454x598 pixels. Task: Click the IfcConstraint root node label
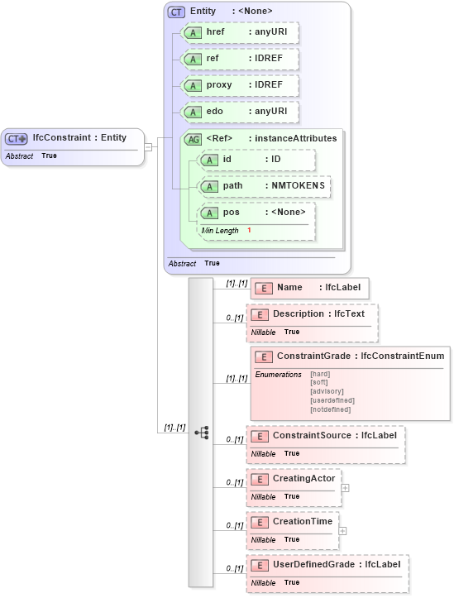(x=79, y=137)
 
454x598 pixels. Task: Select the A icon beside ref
(x=193, y=60)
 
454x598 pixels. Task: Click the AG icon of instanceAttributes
(x=193, y=139)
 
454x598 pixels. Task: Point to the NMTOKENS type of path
(x=299, y=186)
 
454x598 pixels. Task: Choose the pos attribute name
(x=231, y=213)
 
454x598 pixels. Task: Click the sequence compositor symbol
(x=201, y=433)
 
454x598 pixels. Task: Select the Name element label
(x=289, y=288)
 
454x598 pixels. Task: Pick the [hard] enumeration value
(x=320, y=374)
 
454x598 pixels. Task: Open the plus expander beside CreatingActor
(x=345, y=487)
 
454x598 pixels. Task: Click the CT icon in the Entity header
(x=176, y=12)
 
